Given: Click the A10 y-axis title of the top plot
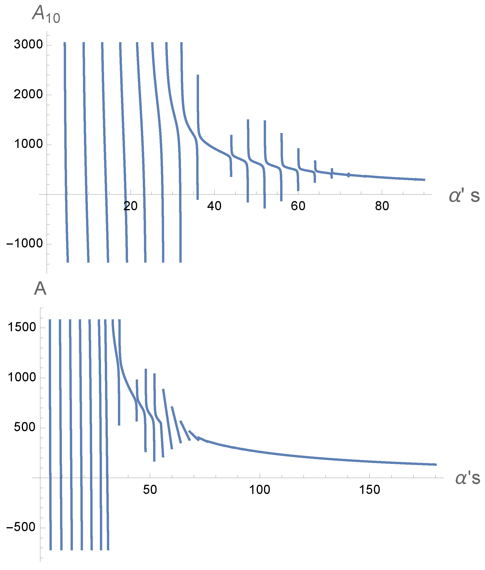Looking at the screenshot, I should pos(46,14).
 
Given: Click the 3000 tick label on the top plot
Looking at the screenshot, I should pos(28,44).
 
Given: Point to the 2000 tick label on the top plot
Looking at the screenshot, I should pos(28,94).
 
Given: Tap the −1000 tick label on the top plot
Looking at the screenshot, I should pos(25,243).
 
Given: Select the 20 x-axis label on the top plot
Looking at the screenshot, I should pos(130,206).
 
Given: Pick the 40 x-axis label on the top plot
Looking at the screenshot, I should pos(214,206).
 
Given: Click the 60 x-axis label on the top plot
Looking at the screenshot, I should pos(298,206).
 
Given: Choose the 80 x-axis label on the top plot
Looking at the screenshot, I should pos(382,206).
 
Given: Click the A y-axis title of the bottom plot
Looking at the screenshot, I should pos(40,289).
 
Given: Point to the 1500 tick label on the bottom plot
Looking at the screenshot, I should pos(22,327).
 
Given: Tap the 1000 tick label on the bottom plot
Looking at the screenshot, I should pos(22,377).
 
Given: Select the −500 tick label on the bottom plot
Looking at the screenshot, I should pos(21,527).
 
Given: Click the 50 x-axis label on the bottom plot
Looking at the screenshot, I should pos(150,489).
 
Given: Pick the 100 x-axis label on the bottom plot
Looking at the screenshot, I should pos(259,489).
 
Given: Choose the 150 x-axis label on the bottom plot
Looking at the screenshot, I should pos(369,489).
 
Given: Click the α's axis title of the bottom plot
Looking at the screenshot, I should pos(467,478).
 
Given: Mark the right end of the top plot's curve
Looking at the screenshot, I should pos(425,180).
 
